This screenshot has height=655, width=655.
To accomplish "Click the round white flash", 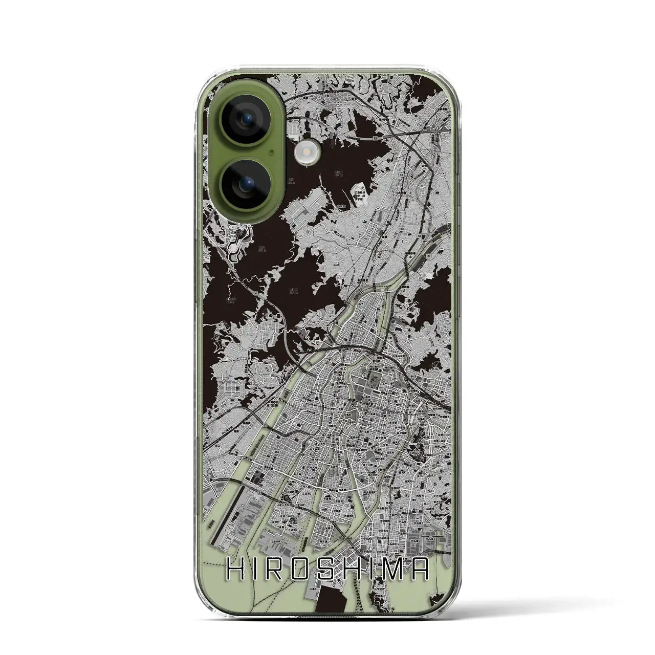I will (307, 151).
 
